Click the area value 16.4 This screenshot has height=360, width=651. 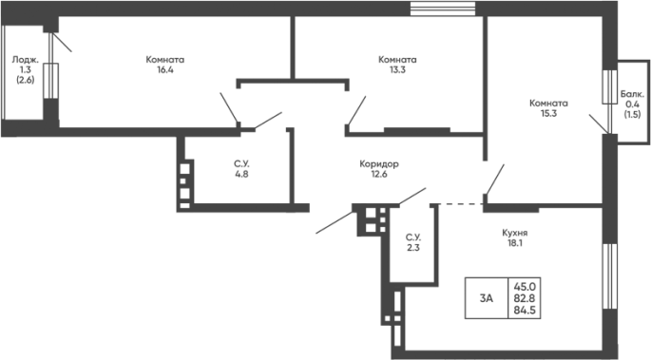pos(164,69)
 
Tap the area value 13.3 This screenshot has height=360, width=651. pos(397,69)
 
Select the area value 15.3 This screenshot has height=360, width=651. pos(548,113)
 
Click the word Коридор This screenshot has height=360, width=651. pos(379,164)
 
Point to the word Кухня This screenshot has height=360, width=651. pos(514,233)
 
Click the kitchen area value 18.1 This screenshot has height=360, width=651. pos(514,243)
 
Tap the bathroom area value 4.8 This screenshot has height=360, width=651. pos(241,174)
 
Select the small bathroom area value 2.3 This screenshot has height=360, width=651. pos(413,248)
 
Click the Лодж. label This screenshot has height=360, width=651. pos(26,60)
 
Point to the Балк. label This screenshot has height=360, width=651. pos(632,94)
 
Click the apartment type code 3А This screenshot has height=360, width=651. pos(487,298)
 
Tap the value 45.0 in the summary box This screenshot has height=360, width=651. pos(525,287)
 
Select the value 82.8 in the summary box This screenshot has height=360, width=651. pos(525,298)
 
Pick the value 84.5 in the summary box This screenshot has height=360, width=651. pos(525,310)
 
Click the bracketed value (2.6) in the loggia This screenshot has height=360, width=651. pos(26,80)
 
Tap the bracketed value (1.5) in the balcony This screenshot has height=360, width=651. pos(632,115)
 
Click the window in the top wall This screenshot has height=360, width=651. pos(443,9)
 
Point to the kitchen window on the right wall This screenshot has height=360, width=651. pos(610,276)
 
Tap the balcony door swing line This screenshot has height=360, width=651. pos(599,124)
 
